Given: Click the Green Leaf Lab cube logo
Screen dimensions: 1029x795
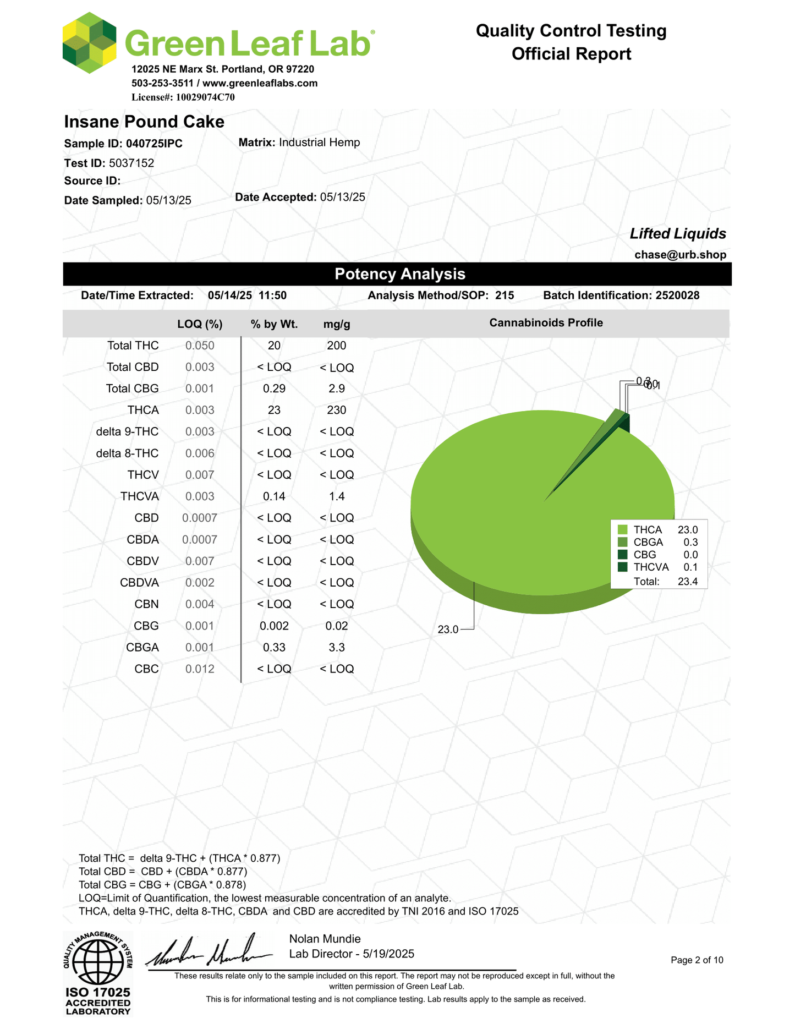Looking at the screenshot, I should [89, 43].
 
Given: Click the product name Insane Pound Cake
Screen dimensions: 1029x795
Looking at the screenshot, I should [144, 122].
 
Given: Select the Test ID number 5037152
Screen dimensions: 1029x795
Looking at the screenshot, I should [131, 163].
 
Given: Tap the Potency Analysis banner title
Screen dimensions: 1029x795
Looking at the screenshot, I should [400, 274].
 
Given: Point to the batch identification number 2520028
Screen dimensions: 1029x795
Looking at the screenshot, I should [677, 295].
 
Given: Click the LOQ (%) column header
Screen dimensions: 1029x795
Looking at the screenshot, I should [200, 324].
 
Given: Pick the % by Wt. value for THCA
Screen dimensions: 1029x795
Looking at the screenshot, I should [274, 410].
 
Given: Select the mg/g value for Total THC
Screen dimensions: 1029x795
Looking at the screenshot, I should [337, 346].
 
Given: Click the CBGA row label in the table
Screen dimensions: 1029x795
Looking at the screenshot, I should [142, 648].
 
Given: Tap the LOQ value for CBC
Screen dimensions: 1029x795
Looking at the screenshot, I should [200, 669].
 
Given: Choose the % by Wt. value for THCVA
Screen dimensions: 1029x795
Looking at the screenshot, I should [274, 496].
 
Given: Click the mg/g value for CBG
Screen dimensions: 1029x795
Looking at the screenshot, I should [337, 626].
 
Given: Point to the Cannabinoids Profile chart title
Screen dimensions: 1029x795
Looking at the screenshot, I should [546, 323].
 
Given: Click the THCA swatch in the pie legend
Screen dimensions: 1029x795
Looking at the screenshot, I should [623, 530].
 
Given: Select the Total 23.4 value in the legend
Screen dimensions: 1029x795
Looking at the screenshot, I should [688, 582].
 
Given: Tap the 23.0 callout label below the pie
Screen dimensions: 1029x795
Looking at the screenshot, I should [448, 630].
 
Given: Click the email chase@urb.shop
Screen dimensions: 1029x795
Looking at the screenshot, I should [680, 255].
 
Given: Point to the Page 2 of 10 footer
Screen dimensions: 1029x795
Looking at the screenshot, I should [697, 960].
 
